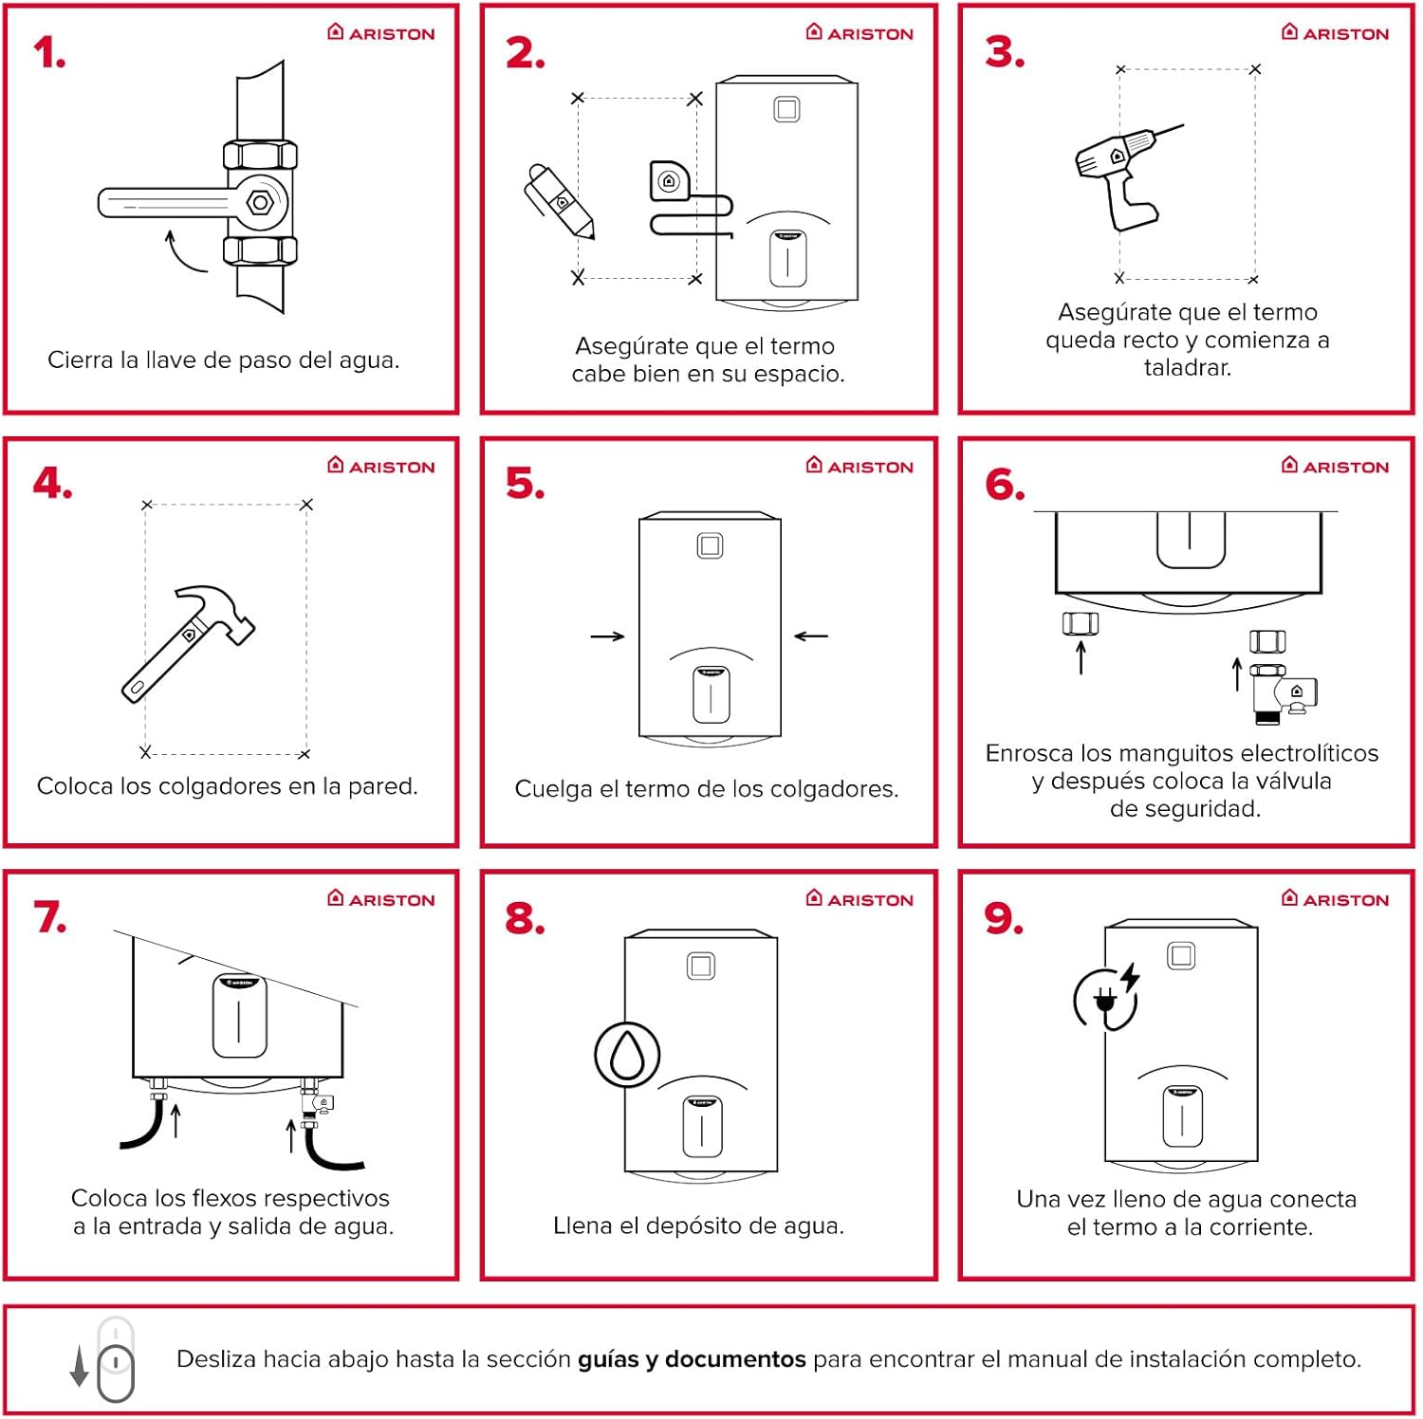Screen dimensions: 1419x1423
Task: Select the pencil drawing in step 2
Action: (x=560, y=201)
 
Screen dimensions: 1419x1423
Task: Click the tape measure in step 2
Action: (x=670, y=181)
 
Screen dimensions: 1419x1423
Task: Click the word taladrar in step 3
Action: (x=1187, y=368)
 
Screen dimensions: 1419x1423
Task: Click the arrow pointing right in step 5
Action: (x=607, y=636)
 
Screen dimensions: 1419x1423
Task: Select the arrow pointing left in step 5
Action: (x=811, y=636)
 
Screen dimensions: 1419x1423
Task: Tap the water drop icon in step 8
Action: (x=627, y=1055)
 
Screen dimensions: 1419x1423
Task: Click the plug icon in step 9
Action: (x=1104, y=1001)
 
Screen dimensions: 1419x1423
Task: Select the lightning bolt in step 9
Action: (x=1131, y=977)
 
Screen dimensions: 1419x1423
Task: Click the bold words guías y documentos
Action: (x=692, y=1359)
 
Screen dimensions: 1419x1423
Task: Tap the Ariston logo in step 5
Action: (x=859, y=466)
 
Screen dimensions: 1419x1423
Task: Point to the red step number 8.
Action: (x=525, y=918)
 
